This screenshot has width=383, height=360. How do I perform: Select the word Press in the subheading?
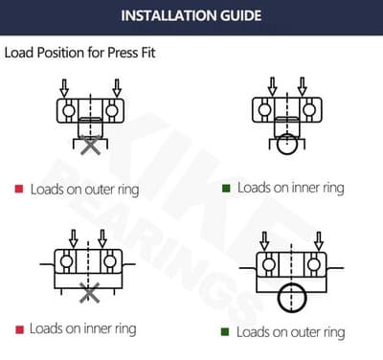click(x=117, y=53)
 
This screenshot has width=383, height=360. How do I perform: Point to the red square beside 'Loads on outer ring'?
click(x=18, y=189)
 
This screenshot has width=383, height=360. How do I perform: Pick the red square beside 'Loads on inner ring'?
click(x=18, y=328)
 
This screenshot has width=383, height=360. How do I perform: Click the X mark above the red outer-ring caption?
click(x=90, y=146)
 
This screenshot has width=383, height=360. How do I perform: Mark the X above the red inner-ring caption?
click(x=90, y=293)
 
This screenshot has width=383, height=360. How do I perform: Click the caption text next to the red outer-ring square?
click(x=84, y=190)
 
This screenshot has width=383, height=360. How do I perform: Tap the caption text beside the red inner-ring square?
click(x=82, y=328)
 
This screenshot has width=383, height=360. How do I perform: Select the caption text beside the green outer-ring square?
click(x=291, y=332)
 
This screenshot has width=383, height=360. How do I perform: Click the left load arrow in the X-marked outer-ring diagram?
click(x=65, y=89)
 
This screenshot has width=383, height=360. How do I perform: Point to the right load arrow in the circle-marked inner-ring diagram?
click(x=302, y=89)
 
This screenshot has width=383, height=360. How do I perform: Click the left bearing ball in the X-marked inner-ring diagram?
click(x=66, y=261)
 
